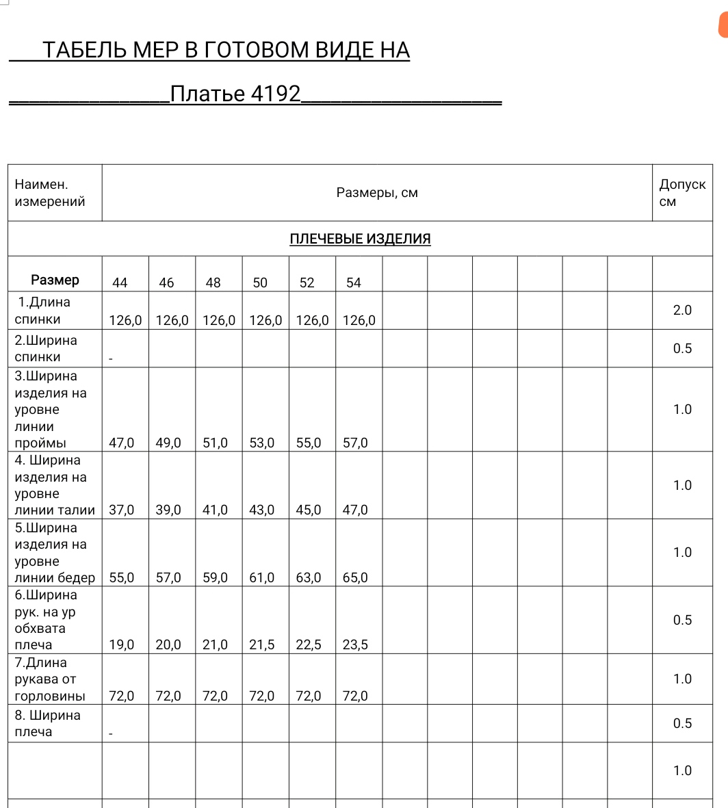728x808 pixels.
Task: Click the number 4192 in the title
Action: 276,94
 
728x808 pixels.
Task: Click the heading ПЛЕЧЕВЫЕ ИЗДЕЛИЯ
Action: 360,239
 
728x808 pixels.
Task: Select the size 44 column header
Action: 120,283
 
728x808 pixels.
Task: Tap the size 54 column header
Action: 353,283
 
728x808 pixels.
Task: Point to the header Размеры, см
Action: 377,193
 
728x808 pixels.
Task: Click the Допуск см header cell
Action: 681,193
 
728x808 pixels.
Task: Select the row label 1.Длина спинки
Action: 42,311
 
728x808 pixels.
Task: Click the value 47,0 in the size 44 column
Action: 122,443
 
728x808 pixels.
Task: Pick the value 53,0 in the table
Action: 261,443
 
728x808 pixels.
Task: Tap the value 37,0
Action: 122,510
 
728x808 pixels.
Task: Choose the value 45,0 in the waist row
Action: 309,510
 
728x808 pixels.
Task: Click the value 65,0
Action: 355,577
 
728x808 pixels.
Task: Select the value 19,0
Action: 122,644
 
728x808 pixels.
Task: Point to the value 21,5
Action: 261,644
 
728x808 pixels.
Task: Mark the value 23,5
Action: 355,644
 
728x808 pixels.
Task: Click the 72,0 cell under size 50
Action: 261,696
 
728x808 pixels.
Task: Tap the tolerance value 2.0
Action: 682,310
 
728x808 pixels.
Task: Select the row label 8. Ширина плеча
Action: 47,723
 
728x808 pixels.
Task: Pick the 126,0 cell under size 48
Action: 219,320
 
